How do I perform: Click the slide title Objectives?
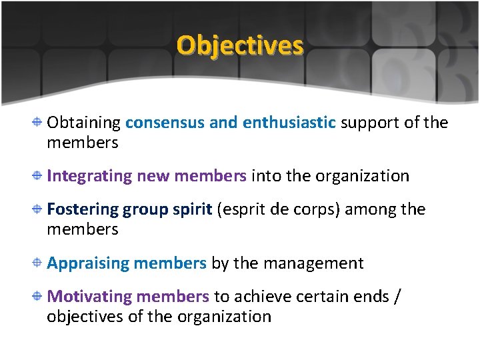pos(240,45)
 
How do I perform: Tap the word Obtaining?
pos(83,123)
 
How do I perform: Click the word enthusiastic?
pos(289,123)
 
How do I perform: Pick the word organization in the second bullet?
pos(362,176)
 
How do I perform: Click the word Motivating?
pos(89,296)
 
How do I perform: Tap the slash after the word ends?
pos(398,296)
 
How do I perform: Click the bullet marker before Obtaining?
pos(39,123)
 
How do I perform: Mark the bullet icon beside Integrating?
pos(39,176)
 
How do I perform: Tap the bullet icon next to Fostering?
pos(39,209)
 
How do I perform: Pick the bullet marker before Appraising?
pos(39,263)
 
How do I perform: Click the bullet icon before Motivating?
pos(39,296)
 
